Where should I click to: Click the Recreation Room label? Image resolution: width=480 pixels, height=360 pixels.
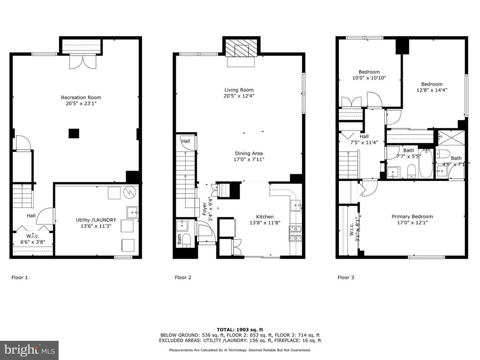tap(81, 97)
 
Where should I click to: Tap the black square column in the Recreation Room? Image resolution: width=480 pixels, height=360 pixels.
tap(74, 134)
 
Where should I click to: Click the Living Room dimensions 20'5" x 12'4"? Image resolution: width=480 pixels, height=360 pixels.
tap(239, 96)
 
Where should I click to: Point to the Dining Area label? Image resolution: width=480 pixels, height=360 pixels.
tap(249, 153)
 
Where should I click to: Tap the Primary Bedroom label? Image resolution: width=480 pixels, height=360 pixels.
tap(412, 217)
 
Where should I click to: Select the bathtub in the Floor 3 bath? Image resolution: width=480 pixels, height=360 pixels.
tap(425, 163)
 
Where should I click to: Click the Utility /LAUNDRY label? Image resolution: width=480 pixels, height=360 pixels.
tap(96, 220)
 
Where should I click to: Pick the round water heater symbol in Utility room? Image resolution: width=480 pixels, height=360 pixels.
tap(128, 192)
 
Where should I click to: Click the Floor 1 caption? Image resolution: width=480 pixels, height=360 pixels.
tap(20, 277)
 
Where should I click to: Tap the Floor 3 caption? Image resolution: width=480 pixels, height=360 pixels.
tap(346, 277)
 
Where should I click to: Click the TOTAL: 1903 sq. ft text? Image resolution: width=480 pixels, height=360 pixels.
tap(240, 330)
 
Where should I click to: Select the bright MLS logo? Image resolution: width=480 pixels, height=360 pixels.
tap(30, 350)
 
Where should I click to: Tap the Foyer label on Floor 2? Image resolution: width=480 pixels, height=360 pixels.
tap(204, 209)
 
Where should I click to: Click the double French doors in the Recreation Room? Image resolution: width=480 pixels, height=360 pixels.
tap(83, 61)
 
